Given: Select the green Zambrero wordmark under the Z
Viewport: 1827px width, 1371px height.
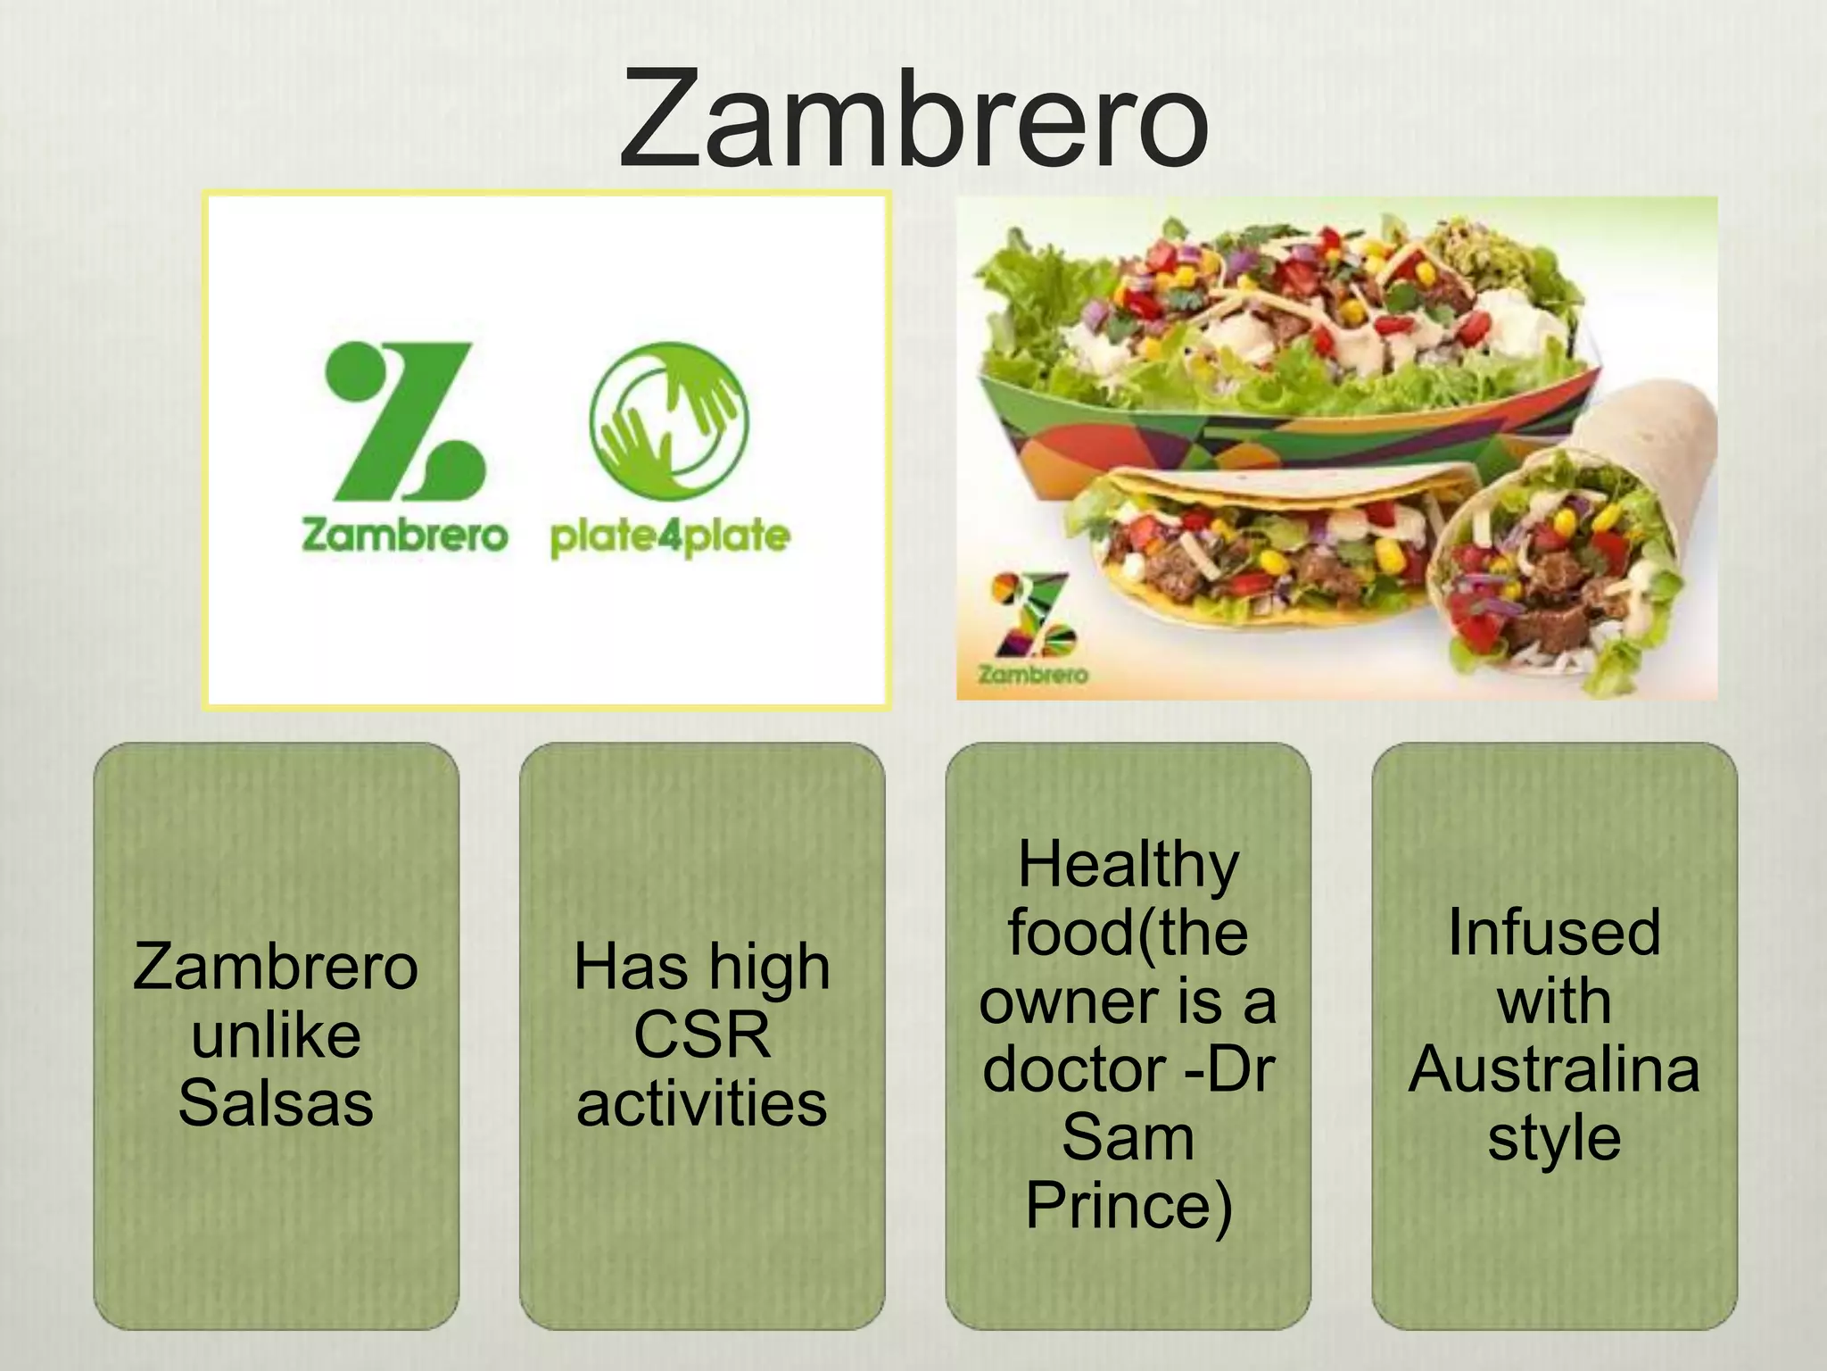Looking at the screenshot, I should pyautogui.click(x=404, y=536).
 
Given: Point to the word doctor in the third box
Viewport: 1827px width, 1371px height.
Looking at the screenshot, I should pyautogui.click(x=1075, y=1069).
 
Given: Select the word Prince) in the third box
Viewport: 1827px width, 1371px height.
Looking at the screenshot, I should pyautogui.click(x=1128, y=1206).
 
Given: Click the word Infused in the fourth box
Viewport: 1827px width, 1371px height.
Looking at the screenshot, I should pyautogui.click(x=1554, y=933).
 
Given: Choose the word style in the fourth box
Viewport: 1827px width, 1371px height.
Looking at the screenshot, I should pyautogui.click(x=1554, y=1138).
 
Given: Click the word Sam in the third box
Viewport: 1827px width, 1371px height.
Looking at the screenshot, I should pyautogui.click(x=1128, y=1138).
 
